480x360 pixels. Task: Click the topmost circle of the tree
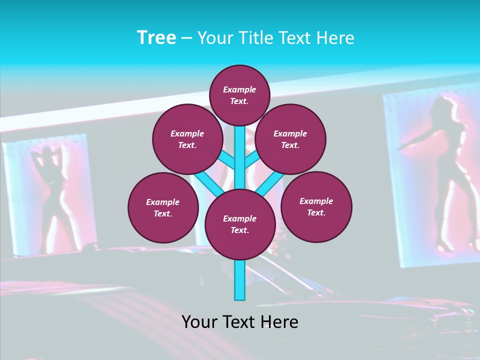click(239, 95)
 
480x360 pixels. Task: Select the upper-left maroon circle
click(187, 139)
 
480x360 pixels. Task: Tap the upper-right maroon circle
click(290, 139)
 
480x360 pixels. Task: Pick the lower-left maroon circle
click(163, 207)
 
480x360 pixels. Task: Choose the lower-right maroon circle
click(316, 206)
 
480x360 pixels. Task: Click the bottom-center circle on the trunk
click(240, 224)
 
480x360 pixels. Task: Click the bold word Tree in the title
click(156, 37)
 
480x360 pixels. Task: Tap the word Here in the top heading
click(335, 37)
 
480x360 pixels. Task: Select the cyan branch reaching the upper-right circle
click(252, 160)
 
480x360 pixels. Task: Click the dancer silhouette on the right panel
click(442, 170)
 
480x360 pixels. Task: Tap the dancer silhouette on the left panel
click(50, 195)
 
